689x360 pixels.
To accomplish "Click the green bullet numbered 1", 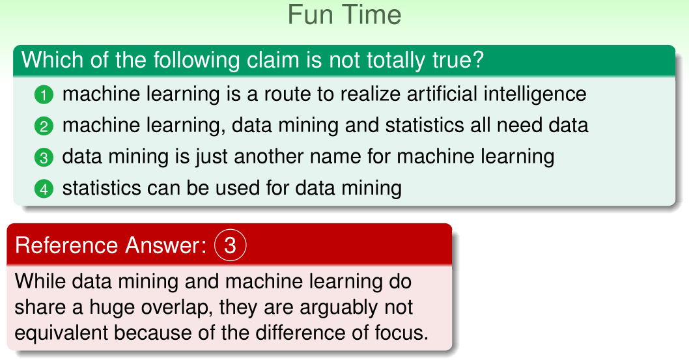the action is coord(44,95).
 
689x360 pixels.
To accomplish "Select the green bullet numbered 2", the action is coord(44,126).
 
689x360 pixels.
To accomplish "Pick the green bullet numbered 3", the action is coord(44,158).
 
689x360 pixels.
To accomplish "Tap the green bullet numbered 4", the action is coord(44,189).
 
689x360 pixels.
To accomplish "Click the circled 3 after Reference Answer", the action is coord(231,245).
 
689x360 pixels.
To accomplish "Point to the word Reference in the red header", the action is coord(66,245).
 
